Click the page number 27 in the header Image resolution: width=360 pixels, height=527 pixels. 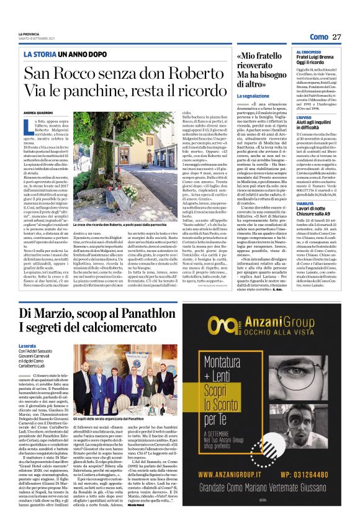(x=336, y=37)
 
